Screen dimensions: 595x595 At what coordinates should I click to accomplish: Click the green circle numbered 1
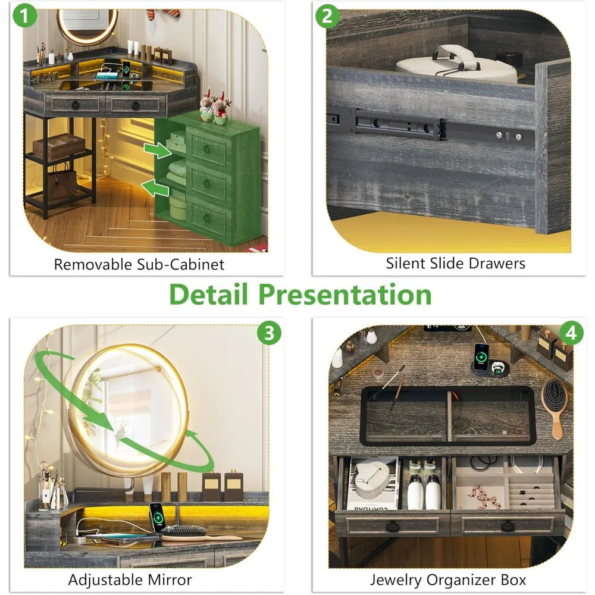coord(24,16)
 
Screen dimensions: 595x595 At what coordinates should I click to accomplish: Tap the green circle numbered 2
coord(327,16)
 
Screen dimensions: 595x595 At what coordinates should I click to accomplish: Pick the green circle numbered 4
coord(571,333)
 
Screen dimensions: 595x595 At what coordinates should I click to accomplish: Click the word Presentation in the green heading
coord(345,295)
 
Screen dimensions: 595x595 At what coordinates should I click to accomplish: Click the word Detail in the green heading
coord(208,295)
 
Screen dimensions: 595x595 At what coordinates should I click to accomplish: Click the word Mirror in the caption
coord(170,580)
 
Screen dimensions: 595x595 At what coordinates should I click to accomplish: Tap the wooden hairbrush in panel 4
coord(555,408)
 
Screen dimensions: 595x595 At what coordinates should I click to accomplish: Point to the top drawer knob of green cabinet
coord(207,149)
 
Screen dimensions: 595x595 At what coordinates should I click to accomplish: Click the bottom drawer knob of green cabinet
coord(207,218)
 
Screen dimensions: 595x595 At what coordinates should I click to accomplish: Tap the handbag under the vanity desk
coord(62,183)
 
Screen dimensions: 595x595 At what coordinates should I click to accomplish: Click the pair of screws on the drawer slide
coord(509,136)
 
